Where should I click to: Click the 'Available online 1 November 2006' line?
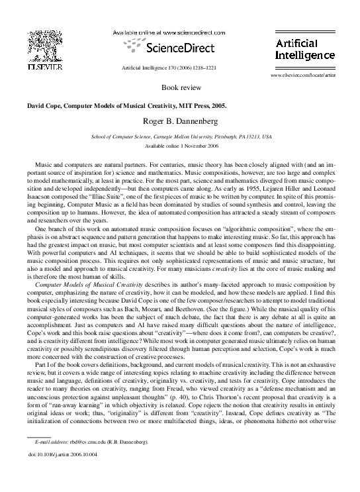180,145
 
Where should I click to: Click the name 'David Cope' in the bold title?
45,105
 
